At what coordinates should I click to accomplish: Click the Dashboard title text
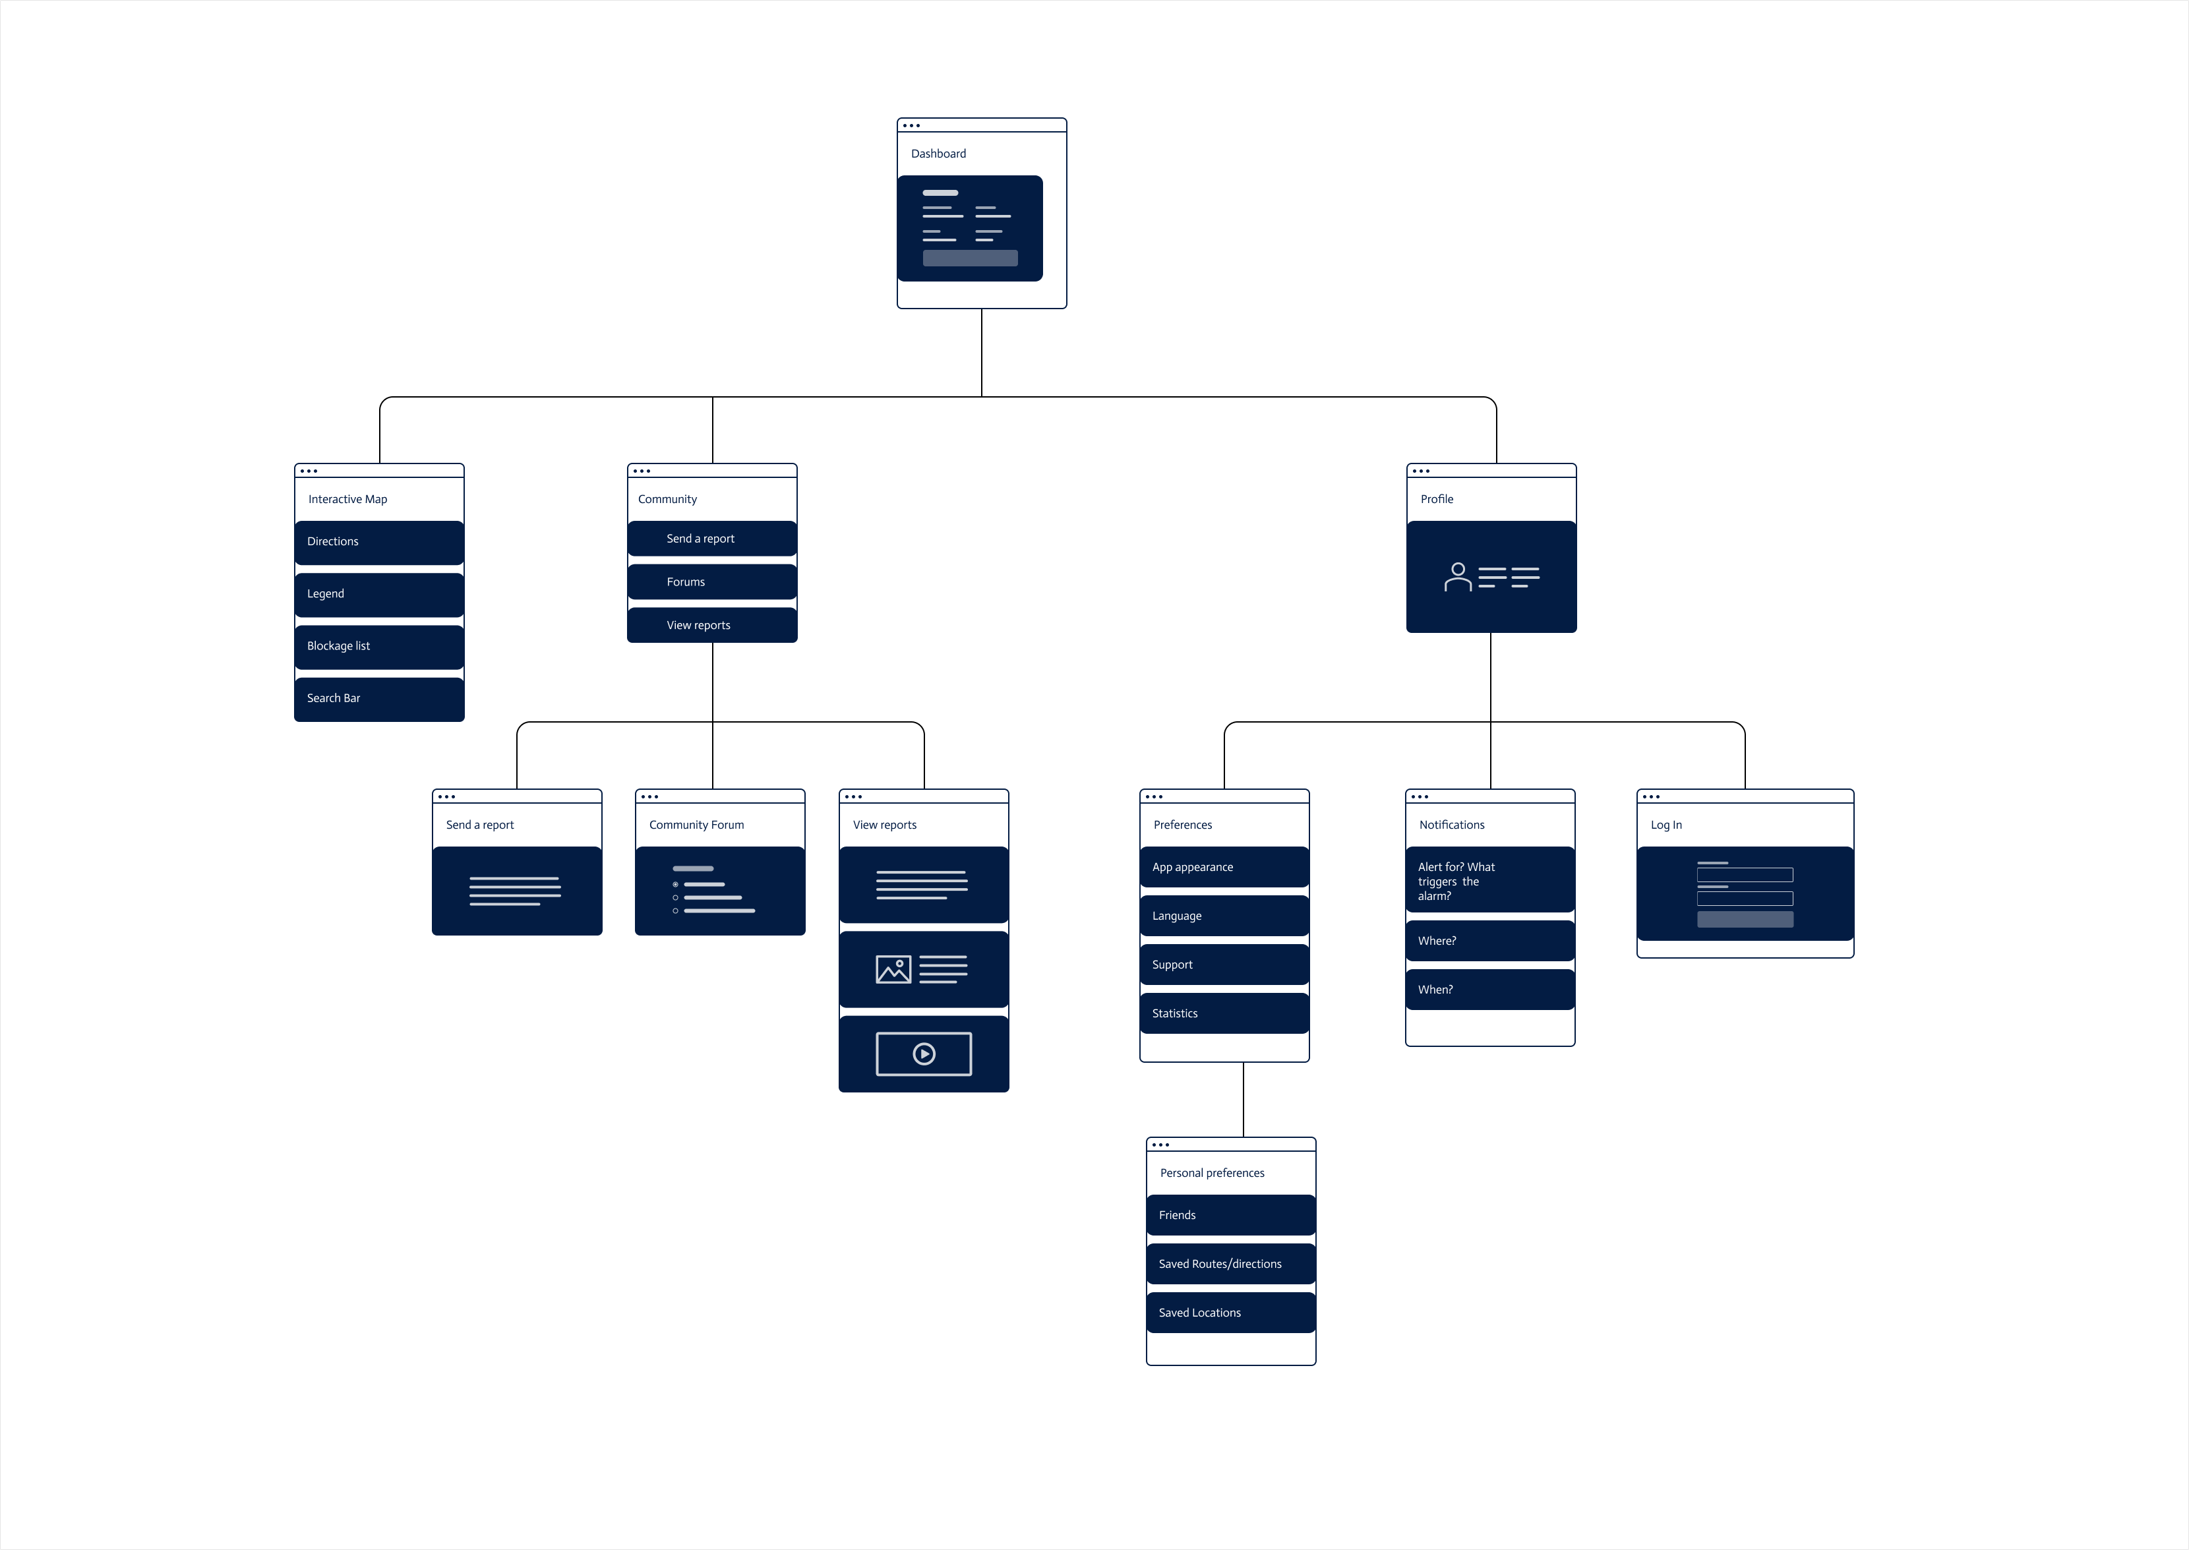tap(938, 154)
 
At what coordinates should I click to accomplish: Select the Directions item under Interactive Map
tap(379, 542)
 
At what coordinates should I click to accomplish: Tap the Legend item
tap(379, 593)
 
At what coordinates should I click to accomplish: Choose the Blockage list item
tap(379, 646)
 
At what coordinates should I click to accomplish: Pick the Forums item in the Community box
tap(712, 582)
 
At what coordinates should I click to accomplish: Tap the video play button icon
tap(924, 1054)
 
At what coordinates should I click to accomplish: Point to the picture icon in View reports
tap(893, 970)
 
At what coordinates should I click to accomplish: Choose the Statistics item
tap(1224, 1013)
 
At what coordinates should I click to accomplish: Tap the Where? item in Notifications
tap(1489, 941)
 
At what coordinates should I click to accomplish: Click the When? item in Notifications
tap(1489, 990)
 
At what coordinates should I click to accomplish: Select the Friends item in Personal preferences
tap(1231, 1215)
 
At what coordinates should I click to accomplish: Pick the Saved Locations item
tap(1231, 1313)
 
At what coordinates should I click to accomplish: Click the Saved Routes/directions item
tap(1231, 1264)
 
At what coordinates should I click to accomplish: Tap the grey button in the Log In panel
tap(1745, 919)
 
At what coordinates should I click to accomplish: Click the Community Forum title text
tap(696, 825)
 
